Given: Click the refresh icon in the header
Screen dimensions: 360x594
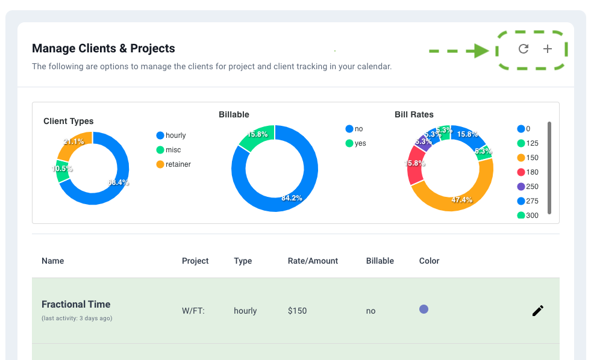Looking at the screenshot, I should click(x=524, y=49).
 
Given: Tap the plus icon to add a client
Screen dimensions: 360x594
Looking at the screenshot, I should click(x=547, y=49).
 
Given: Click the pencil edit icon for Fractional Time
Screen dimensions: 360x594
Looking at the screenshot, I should click(x=537, y=311).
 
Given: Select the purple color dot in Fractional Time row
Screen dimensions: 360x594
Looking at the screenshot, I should click(x=424, y=309).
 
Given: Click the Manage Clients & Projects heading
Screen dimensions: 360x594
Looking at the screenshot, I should click(x=104, y=48).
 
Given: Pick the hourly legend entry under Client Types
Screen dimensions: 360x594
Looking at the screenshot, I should click(x=171, y=135).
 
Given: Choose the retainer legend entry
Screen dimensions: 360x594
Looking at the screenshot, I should click(x=174, y=164).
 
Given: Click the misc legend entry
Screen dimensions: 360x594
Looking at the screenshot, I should click(x=169, y=150).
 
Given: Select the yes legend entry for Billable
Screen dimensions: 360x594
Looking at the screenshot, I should click(x=355, y=143).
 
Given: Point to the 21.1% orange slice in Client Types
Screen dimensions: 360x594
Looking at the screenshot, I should click(x=77, y=141).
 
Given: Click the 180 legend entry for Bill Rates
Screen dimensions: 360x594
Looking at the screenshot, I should click(x=528, y=172).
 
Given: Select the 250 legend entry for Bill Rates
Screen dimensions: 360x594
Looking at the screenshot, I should click(x=528, y=187).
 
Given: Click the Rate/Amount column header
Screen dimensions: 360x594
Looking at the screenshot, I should click(x=313, y=261).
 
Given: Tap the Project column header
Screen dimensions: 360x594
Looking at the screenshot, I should click(x=195, y=261).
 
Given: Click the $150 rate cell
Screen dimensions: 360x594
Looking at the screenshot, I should click(x=297, y=311).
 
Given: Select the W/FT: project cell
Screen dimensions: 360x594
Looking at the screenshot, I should click(x=194, y=311).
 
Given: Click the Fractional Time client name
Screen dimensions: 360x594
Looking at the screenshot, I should click(x=76, y=304).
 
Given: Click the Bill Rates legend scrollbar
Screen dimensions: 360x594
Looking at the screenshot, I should click(x=549, y=168).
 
